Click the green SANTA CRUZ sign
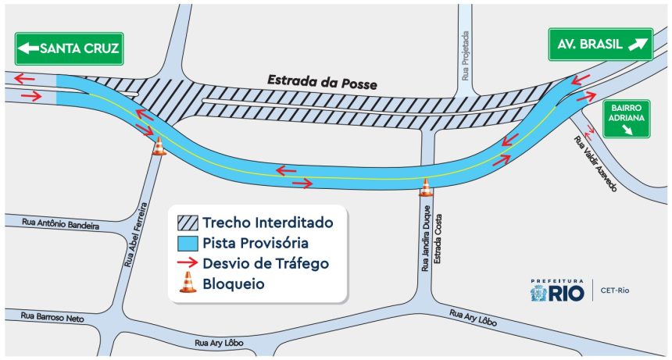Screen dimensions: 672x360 pyautogui.click(x=69, y=49)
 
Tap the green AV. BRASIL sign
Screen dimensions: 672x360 pyautogui.click(x=600, y=45)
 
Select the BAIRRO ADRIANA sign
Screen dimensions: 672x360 pyautogui.click(x=627, y=118)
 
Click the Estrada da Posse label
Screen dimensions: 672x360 pyautogui.click(x=322, y=81)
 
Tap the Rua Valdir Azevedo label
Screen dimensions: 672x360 pyautogui.click(x=596, y=163)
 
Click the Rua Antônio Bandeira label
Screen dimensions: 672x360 pyautogui.click(x=61, y=223)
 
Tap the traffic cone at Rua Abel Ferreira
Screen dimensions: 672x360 pyautogui.click(x=159, y=146)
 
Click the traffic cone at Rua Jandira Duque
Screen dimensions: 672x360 pyautogui.click(x=426, y=187)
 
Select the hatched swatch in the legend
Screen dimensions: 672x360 pyautogui.click(x=188, y=222)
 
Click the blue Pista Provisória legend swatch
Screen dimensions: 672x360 pyautogui.click(x=188, y=242)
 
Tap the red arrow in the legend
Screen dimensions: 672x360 pyautogui.click(x=188, y=263)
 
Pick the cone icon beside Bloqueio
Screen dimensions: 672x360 pyautogui.click(x=188, y=283)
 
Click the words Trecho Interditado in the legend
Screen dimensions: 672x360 pyautogui.click(x=268, y=222)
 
